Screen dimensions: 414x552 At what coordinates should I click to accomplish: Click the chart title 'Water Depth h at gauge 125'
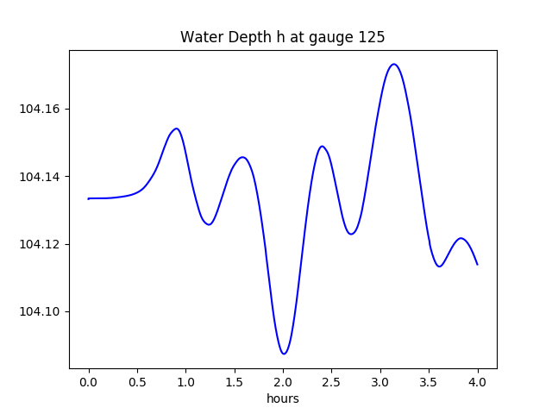[x=282, y=37]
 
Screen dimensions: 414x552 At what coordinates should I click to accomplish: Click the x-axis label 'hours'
[x=282, y=398]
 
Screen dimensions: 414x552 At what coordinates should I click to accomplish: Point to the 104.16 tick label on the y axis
[x=43, y=110]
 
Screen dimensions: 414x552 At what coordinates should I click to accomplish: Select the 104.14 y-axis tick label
[x=43, y=177]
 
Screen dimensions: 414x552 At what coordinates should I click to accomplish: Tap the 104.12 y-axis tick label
[x=43, y=244]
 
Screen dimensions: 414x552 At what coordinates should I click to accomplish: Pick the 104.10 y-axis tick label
[x=43, y=311]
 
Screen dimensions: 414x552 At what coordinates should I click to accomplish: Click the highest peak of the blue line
[x=393, y=64]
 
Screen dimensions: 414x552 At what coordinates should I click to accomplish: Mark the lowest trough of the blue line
[x=284, y=354]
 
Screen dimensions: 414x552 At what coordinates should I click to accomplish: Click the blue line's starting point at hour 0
[x=89, y=198]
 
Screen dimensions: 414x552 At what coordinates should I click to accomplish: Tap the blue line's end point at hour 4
[x=477, y=264]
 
